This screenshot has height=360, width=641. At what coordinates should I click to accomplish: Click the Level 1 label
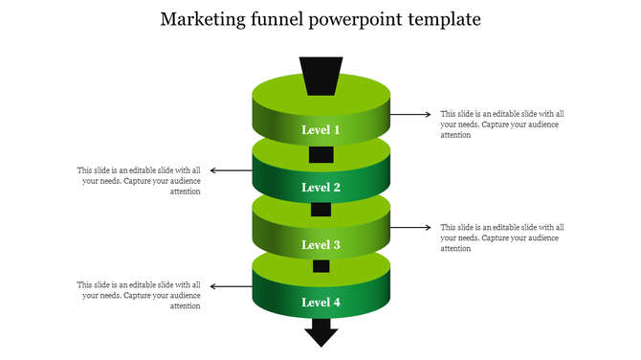320,129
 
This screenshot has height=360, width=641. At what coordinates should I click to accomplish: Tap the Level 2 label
320,188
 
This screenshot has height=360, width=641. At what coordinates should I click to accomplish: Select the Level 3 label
320,244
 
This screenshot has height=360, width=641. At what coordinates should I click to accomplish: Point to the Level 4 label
320,302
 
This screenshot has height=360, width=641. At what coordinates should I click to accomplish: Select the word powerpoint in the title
365,20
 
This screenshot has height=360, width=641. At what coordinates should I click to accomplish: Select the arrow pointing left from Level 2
231,170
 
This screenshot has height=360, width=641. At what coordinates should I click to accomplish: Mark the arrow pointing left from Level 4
231,285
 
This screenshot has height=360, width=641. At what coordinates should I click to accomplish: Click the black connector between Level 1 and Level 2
320,154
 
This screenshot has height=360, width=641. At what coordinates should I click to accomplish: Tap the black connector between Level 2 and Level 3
320,210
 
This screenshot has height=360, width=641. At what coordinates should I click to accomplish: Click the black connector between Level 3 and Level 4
320,266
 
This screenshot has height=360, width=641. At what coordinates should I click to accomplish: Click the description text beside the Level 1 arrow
501,124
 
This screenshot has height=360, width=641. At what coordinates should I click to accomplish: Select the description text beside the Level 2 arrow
140,181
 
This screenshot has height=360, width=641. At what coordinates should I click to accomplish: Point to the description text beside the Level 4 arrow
140,295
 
